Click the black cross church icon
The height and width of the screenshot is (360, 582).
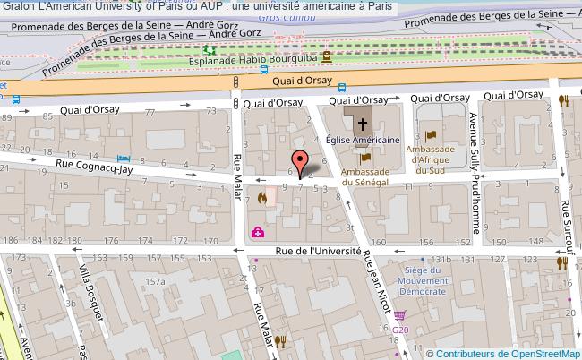coord(363,123)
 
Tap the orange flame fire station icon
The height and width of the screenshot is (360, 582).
coord(261,198)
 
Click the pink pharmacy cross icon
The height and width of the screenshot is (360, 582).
coord(258,233)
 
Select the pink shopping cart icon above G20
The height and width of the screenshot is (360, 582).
coord(399,315)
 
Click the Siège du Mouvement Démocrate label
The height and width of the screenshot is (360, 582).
coord(424,279)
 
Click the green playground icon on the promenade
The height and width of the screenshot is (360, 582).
coord(209,51)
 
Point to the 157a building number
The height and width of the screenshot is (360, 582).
coord(158,282)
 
